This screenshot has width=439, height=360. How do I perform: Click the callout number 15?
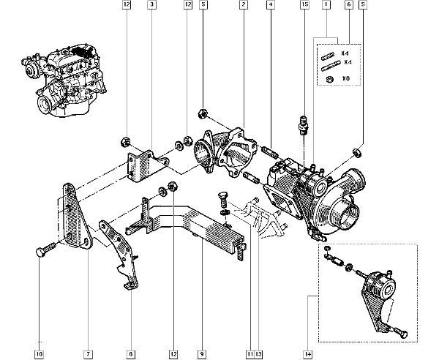(303, 5)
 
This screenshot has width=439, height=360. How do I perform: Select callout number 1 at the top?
(326, 5)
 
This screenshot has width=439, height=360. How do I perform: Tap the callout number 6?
(349, 5)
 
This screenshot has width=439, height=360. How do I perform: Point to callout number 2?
(242, 5)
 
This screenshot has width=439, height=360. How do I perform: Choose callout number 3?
(151, 5)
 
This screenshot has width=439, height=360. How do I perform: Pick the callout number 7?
(87, 354)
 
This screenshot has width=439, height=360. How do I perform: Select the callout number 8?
(130, 354)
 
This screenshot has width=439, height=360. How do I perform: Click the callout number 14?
(308, 354)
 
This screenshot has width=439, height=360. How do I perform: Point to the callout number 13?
(258, 354)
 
